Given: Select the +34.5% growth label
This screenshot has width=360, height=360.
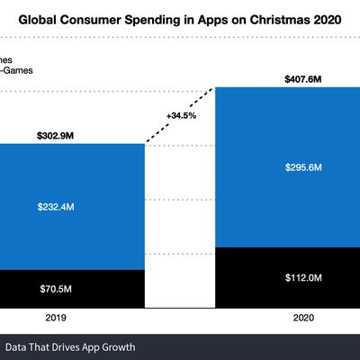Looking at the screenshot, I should (x=181, y=115).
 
